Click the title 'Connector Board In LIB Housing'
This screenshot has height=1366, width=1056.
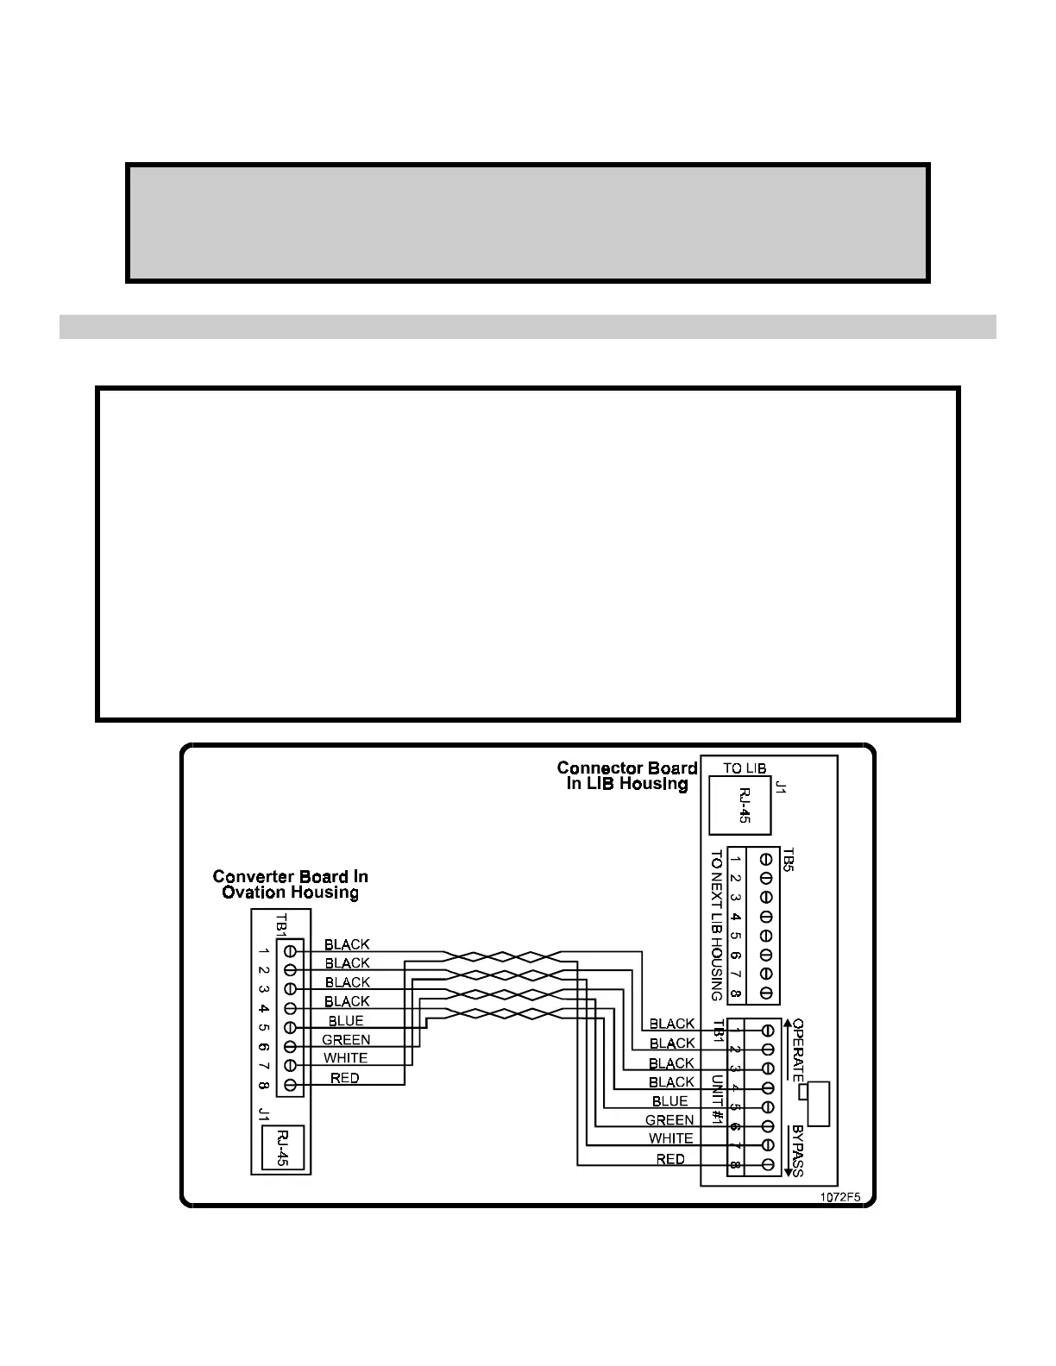(627, 775)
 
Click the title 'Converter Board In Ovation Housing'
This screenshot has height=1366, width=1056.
(290, 884)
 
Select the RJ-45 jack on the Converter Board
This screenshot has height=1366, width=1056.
(282, 1148)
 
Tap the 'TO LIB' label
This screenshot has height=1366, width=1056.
(745, 768)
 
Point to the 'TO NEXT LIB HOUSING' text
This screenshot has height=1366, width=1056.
(716, 924)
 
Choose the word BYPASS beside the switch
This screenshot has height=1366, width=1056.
(798, 1150)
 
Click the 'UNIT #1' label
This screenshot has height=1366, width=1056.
(716, 1093)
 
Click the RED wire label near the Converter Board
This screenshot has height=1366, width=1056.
(344, 1078)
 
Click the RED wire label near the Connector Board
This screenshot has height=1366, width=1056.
(670, 1159)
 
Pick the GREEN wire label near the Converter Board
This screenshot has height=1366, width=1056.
(346, 1040)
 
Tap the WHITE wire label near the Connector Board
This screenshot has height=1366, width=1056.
(670, 1138)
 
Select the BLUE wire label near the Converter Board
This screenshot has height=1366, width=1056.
(346, 1021)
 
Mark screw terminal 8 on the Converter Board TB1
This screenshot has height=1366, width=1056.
(291, 1084)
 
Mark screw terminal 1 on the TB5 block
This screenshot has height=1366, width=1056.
(764, 859)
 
